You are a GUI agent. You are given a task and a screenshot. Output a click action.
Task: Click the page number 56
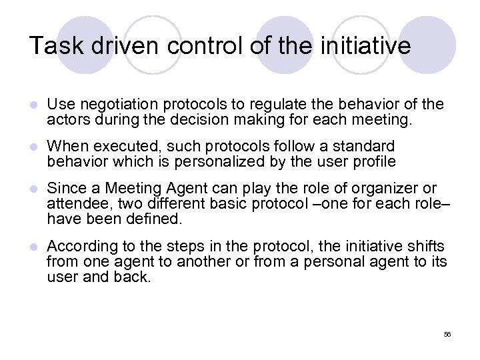(x=447, y=334)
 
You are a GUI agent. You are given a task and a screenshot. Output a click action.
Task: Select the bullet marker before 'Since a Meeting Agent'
(x=33, y=189)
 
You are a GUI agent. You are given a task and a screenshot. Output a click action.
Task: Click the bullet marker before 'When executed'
(x=33, y=146)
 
